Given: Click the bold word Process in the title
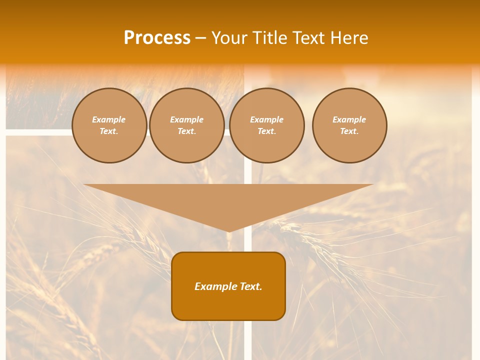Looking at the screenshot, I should (157, 38).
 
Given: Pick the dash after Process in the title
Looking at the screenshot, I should (200, 38).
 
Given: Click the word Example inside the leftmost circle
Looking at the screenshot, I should (109, 119).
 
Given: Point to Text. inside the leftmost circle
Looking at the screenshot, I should (109, 131).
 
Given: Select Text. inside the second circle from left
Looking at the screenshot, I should (186, 131).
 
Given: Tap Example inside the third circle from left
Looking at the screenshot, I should (266, 119).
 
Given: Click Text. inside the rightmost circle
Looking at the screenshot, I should (349, 131).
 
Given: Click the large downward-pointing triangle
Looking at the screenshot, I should (228, 200).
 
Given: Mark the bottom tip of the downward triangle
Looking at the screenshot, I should (228, 230).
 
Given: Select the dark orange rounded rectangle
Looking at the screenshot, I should (228, 305).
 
